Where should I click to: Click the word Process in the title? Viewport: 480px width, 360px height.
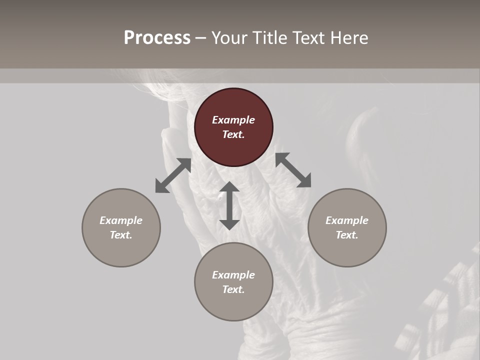tap(157, 38)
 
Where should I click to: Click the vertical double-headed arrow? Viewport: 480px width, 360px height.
tap(229, 205)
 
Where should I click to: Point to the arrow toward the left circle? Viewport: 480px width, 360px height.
tap(173, 175)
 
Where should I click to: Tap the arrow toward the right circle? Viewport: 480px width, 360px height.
tap(293, 170)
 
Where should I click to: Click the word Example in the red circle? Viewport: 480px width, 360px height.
tap(233, 120)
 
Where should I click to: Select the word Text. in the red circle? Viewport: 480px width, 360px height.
tap(233, 134)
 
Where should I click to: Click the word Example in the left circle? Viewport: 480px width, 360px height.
tap(121, 220)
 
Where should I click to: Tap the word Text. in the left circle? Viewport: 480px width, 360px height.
tap(121, 235)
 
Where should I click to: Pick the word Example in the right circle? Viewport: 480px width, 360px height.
tap(347, 220)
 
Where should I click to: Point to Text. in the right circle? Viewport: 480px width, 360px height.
tap(347, 235)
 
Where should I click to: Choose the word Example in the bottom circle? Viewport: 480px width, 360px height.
tap(233, 275)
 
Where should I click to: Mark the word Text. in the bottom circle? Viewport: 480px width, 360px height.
tap(233, 289)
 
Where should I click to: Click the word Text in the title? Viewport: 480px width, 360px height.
tap(309, 38)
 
